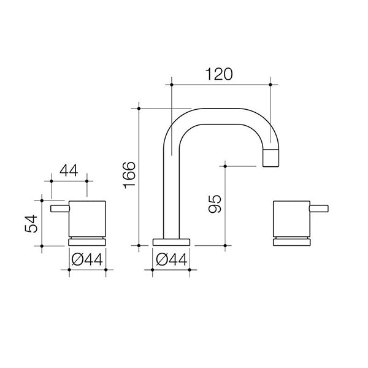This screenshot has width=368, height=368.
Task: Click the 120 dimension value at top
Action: (x=220, y=74)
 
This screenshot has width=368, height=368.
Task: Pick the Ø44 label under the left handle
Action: (x=86, y=259)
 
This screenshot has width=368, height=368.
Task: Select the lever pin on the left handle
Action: (x=59, y=210)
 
